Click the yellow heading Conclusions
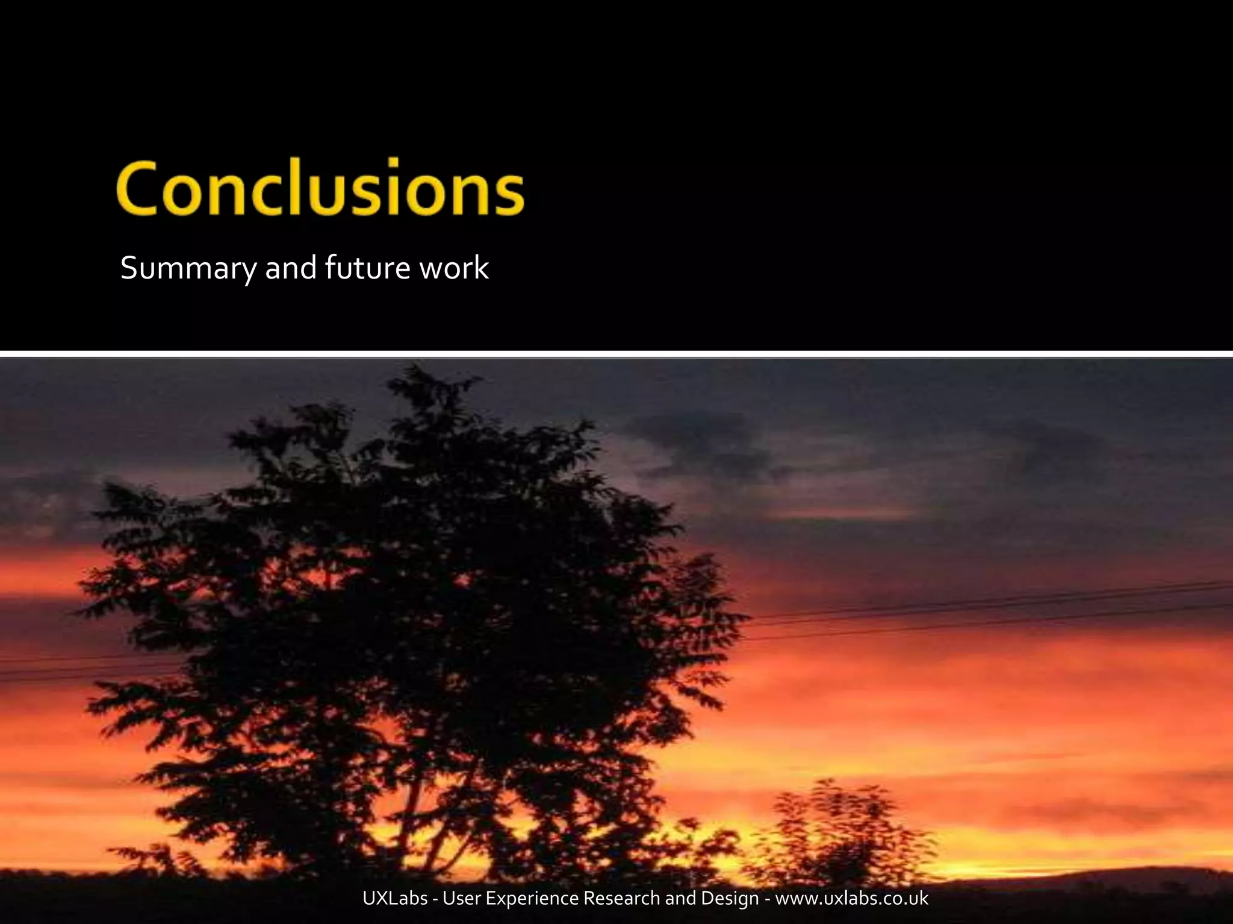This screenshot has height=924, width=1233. (x=321, y=188)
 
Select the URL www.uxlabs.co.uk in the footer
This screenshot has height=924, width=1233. (x=851, y=899)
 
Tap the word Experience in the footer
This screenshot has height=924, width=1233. (x=532, y=899)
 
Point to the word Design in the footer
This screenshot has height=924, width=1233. (x=728, y=899)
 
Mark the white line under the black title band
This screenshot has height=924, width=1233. (x=616, y=354)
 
